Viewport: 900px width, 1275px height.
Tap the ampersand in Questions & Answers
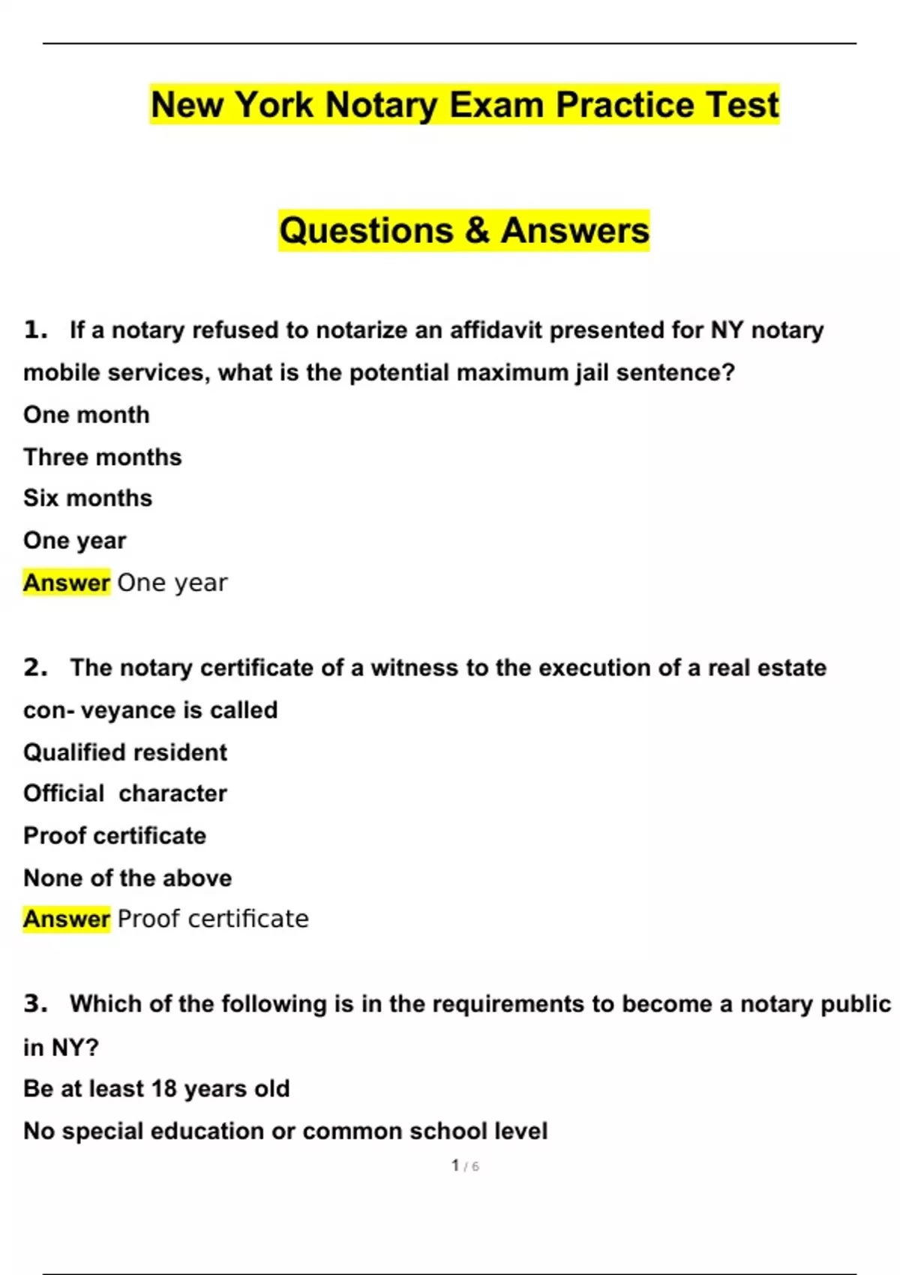point(476,230)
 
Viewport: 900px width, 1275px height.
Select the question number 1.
point(35,330)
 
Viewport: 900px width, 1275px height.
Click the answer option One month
point(86,415)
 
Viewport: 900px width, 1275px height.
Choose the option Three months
point(102,457)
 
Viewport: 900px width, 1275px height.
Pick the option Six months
point(88,498)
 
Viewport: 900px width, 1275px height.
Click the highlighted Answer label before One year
point(67,583)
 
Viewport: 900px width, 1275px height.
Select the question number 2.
point(35,667)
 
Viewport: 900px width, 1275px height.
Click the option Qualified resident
point(125,752)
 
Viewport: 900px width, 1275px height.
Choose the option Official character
point(125,793)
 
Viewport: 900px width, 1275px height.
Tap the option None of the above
point(127,877)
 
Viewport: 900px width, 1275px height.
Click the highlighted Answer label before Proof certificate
point(67,919)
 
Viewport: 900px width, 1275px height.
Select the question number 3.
point(35,1003)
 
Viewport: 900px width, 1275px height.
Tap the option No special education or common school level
point(286,1131)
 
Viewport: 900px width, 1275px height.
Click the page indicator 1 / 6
point(465,1165)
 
